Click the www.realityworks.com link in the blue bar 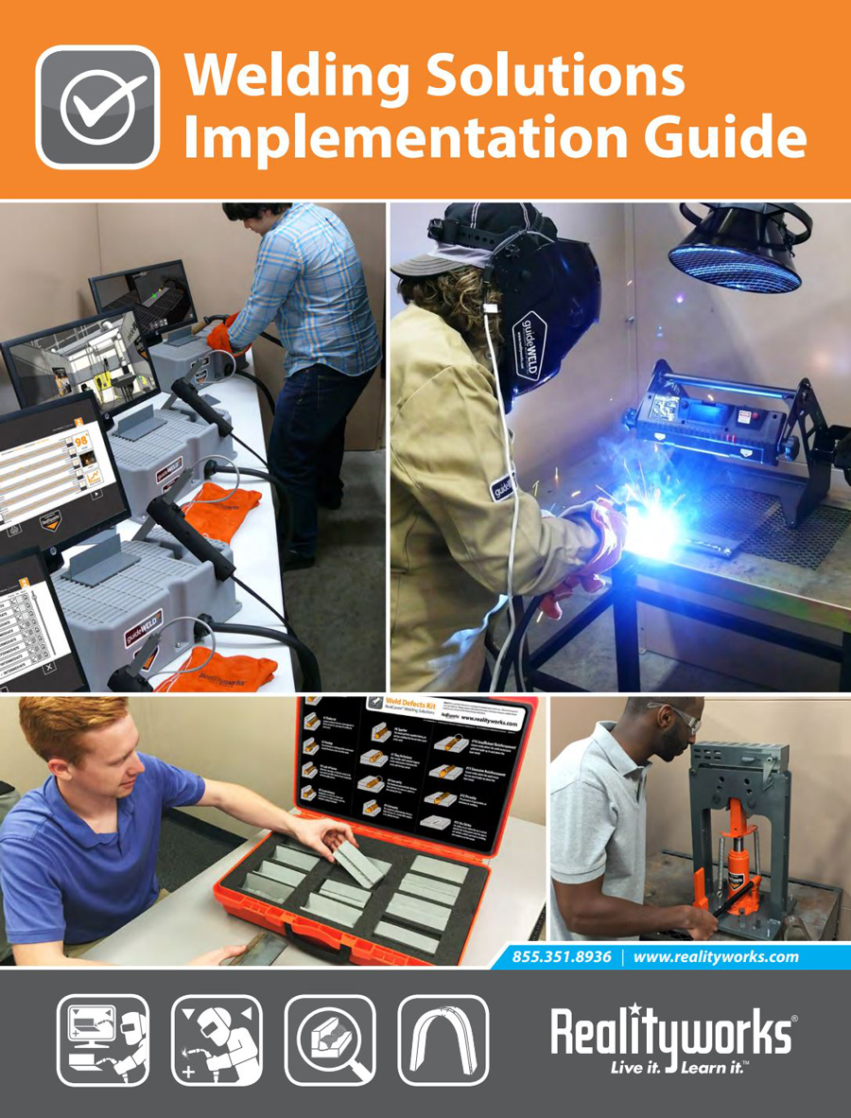coord(716,956)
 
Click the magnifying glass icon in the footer coord(330,1039)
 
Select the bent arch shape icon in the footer coord(443,1039)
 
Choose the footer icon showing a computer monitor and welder coord(102,1039)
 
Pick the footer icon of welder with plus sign coord(216,1039)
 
